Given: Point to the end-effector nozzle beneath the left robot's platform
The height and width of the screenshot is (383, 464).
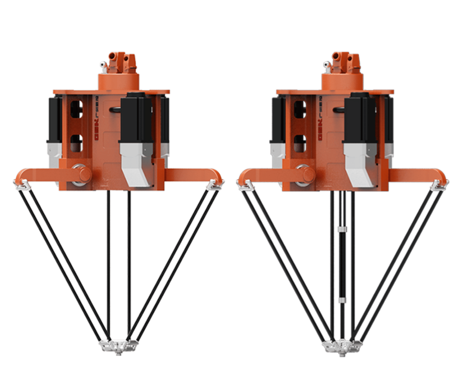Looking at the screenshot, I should point(117,354).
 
